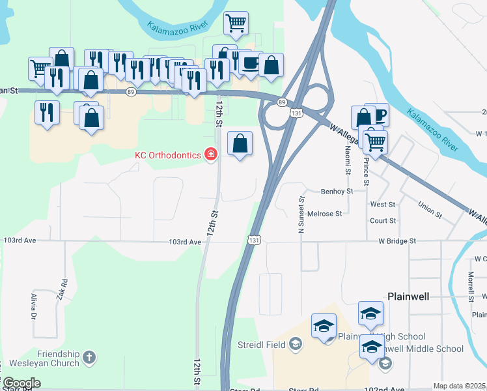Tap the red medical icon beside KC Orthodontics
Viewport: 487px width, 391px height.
point(210,155)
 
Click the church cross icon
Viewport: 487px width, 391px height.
point(89,357)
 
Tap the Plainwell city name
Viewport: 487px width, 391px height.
point(409,296)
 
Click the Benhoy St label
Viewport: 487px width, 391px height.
point(337,192)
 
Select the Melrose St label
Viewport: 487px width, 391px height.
point(324,214)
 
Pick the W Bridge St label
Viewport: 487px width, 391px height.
point(397,241)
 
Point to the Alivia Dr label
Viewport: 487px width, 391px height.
point(33,306)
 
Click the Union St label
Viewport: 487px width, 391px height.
point(430,214)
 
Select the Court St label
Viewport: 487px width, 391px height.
point(383,221)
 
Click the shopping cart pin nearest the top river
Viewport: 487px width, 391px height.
point(236,23)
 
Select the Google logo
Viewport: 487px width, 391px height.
point(21,383)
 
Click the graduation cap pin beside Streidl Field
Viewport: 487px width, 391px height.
point(324,327)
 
